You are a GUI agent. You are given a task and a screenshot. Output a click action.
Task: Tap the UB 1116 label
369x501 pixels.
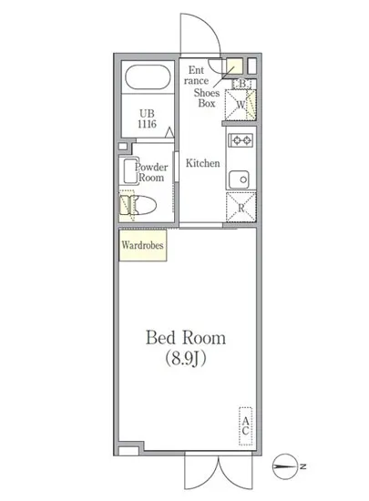tap(147, 118)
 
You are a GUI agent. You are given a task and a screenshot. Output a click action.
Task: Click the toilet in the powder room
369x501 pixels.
tap(144, 206)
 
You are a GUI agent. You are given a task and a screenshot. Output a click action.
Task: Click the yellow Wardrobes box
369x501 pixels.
tap(141, 245)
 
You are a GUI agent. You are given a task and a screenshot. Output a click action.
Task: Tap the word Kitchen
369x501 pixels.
tap(203, 164)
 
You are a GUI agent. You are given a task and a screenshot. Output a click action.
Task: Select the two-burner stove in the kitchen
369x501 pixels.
tap(240, 141)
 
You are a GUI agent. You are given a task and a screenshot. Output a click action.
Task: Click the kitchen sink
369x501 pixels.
tap(241, 178)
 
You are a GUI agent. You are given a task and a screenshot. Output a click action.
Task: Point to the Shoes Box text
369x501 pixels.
tap(209, 97)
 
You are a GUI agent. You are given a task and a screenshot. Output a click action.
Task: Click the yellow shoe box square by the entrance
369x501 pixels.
tap(234, 67)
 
